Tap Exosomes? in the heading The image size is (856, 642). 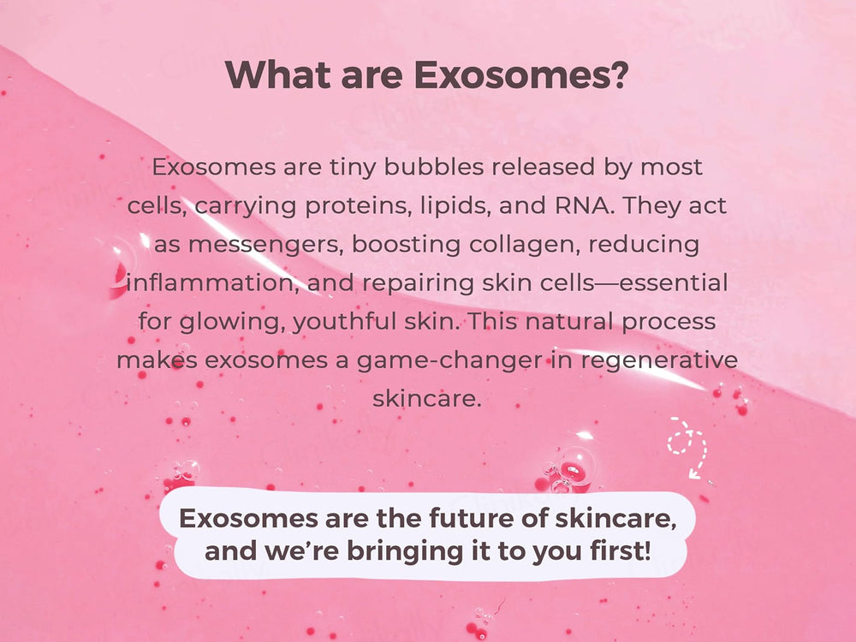coord(522,75)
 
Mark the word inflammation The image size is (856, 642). coord(209,283)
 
